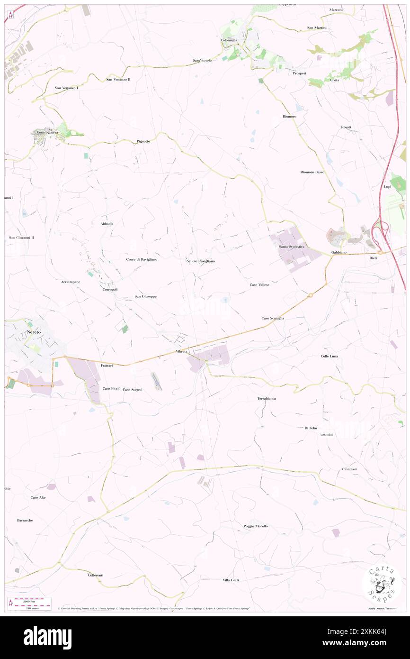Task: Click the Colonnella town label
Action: (x=229, y=40)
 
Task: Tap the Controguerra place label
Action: (x=45, y=132)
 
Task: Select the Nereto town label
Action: (x=34, y=332)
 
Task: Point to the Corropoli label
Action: (x=110, y=289)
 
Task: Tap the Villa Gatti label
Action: (x=231, y=580)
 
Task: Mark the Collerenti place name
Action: (x=96, y=575)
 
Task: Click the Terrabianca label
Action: (x=267, y=398)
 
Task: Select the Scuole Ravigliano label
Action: (x=200, y=261)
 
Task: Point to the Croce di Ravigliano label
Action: (x=142, y=259)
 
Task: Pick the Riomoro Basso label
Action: (x=312, y=172)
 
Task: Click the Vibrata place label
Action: (x=181, y=351)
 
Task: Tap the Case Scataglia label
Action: (x=273, y=318)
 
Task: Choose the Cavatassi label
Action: (x=349, y=469)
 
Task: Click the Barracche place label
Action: (x=25, y=520)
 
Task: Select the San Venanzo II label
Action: (x=118, y=79)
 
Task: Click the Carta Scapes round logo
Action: (x=382, y=582)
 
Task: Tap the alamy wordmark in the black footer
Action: (x=47, y=638)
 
